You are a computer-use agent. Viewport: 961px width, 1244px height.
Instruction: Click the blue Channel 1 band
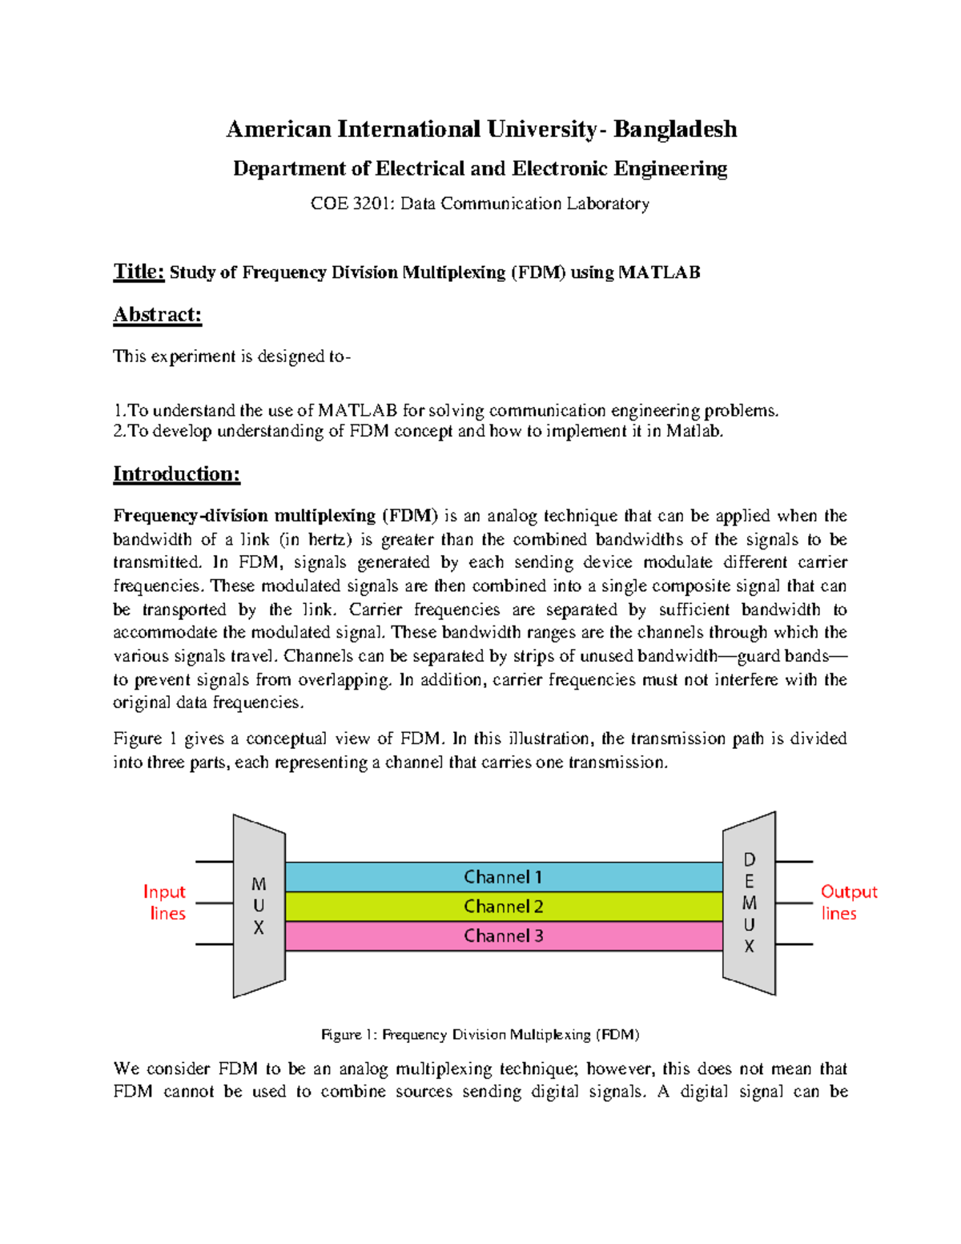504,877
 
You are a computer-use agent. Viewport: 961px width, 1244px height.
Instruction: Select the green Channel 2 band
504,907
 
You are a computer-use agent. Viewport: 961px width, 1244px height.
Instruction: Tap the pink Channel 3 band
504,936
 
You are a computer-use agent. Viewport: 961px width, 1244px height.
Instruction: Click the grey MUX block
259,906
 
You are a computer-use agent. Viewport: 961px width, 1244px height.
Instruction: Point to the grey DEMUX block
749,903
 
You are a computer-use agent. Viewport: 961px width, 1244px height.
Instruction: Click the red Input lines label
165,903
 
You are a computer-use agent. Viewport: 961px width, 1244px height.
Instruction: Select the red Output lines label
848,903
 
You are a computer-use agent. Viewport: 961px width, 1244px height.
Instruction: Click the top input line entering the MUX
214,862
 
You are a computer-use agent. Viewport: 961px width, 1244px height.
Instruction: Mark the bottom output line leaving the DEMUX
794,944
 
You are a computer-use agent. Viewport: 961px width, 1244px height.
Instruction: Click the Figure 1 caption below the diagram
480,1035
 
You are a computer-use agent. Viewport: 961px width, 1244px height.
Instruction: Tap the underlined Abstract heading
157,315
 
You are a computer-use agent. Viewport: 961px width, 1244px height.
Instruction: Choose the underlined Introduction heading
176,474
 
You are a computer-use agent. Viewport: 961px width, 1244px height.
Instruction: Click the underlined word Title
139,272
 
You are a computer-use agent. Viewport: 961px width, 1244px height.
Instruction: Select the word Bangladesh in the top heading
675,130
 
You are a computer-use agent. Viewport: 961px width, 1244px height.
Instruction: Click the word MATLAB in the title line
659,273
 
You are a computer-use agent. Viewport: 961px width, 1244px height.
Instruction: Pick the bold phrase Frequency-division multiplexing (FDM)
275,516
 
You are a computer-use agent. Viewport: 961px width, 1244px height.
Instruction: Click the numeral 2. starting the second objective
119,432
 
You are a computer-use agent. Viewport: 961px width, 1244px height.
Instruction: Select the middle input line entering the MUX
214,904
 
